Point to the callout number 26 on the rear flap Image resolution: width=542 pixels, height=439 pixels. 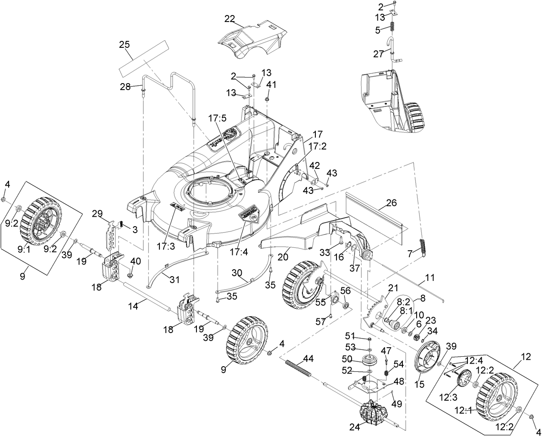391,203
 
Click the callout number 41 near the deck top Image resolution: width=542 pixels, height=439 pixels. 271,84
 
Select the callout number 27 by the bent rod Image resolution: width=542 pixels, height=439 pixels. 378,54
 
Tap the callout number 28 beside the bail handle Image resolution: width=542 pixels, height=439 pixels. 125,87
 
